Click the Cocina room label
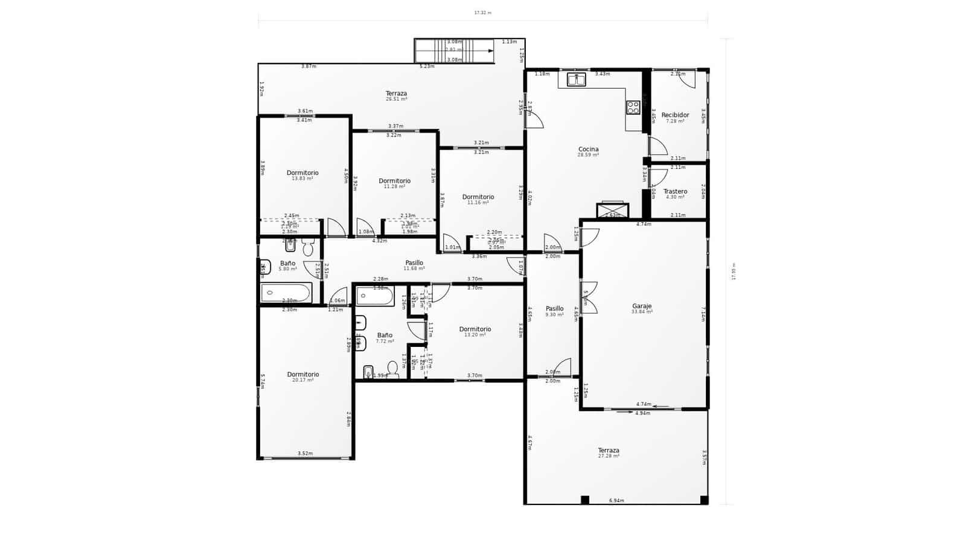pos(588,149)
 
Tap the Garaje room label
pos(642,306)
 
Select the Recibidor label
pos(675,115)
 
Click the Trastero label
pos(675,191)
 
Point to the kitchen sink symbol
pos(577,79)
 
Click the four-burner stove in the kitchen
pos(633,107)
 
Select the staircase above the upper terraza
pos(454,51)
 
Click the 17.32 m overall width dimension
pos(482,13)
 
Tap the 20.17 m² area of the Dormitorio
pos(303,380)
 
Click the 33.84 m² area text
pos(642,312)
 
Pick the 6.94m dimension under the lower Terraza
pos(616,500)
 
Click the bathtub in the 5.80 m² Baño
pos(286,293)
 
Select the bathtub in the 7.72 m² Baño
pos(374,296)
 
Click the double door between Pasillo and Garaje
pos(589,297)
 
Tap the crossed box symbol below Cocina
pos(612,210)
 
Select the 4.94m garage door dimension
pos(642,413)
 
